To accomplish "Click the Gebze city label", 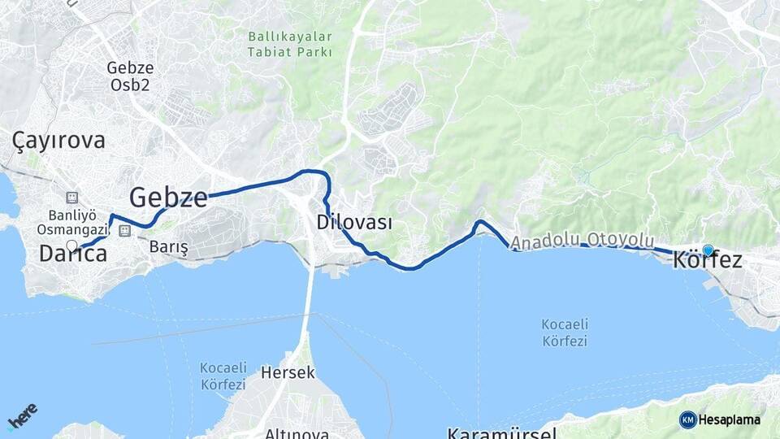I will point(168,197).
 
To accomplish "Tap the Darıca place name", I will point(73,254).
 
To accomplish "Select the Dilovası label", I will point(355,222).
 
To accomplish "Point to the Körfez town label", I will point(708,261).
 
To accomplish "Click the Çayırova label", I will point(59,141).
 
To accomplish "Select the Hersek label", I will point(288,373).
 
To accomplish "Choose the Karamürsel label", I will point(501,432).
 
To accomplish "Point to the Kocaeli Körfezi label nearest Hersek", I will point(223,376).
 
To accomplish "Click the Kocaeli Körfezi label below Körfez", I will point(565,333).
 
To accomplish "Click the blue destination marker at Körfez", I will point(708,250).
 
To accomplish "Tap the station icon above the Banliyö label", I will point(71,198).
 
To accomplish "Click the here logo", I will point(23,416).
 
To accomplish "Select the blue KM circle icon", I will point(687,419).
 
